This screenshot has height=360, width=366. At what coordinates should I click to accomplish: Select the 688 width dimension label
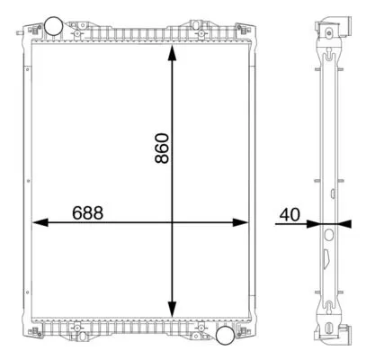tap(88, 212)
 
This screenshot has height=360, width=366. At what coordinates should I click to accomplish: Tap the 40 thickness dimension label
tap(290, 214)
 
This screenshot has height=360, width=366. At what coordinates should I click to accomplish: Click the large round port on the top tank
tap(55, 24)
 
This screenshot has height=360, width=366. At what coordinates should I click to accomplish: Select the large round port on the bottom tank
tap(227, 336)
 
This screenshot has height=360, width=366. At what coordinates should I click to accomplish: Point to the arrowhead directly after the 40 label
tap(314, 222)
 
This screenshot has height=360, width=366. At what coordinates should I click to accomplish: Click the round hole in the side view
tap(327, 235)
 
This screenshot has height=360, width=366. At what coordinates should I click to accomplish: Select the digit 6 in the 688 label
tap(78, 212)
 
